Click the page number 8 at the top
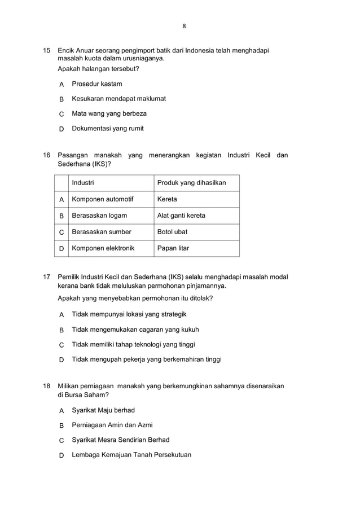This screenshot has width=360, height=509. [x=183, y=26]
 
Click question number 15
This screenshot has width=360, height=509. [x=47, y=51]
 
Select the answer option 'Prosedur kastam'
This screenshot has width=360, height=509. [x=96, y=84]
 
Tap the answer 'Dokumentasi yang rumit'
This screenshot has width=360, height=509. [x=107, y=129]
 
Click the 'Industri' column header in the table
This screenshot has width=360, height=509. [x=83, y=183]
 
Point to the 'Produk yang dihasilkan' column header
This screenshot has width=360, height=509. [x=191, y=183]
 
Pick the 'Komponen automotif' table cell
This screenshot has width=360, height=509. [x=103, y=199]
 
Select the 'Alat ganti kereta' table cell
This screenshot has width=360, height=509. [x=181, y=216]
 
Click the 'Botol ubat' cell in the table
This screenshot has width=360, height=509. [x=172, y=232]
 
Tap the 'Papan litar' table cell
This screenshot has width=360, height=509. [x=173, y=248]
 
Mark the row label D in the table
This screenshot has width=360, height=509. [x=62, y=248]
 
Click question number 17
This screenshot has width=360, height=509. [x=47, y=277]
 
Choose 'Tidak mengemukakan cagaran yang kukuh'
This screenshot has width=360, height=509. [x=135, y=330]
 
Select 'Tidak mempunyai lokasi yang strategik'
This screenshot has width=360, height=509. [x=129, y=314]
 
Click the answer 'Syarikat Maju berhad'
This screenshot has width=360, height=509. [x=103, y=410]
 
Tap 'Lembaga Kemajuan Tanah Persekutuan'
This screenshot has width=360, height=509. [x=131, y=455]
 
